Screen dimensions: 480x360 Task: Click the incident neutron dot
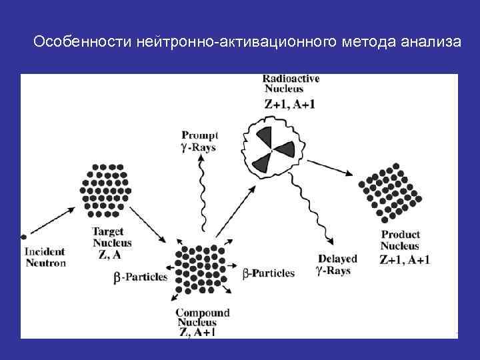pos(23,236)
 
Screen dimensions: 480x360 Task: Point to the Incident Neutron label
pos(45,257)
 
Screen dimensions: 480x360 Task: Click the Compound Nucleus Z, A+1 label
pos(202,322)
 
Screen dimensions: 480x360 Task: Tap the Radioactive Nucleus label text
pos(291,83)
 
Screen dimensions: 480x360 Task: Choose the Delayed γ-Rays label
pos(338,265)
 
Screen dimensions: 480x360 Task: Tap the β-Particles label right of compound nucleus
pos(267,273)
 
